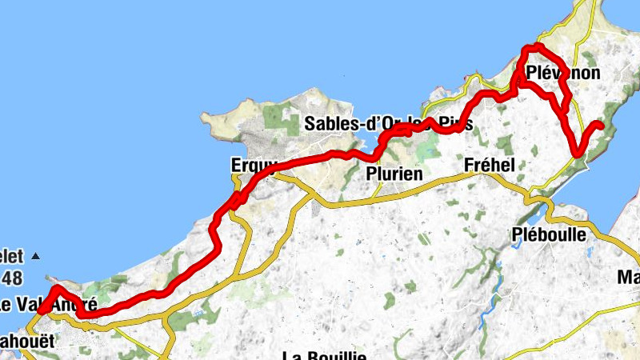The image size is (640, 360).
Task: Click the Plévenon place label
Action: tap(564, 74)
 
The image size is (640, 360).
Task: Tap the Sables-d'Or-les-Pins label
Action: tap(388, 124)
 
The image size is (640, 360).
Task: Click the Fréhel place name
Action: tap(489, 166)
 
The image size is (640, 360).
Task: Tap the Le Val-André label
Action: tap(48, 305)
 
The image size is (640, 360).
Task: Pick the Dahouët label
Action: tap(27, 341)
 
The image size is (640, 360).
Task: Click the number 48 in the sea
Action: tap(11, 278)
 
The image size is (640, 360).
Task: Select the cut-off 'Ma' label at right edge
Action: tap(628, 278)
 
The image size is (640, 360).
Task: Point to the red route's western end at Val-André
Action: tap(42, 310)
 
